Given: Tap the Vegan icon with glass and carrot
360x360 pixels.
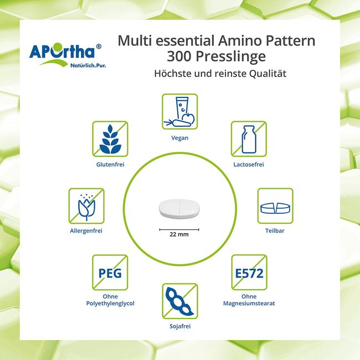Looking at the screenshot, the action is point(180,111).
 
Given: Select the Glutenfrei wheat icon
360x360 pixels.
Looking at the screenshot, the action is point(110,139).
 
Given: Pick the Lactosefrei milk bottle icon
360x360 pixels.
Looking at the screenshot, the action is point(249,139).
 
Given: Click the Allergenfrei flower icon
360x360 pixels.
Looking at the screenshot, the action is point(86,206).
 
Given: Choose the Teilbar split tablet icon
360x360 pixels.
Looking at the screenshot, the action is point(275,206).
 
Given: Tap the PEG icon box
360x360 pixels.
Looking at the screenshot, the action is point(110,272).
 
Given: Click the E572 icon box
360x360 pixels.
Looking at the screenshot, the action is point(249,272).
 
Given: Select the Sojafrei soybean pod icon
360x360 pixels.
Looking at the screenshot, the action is point(180,301).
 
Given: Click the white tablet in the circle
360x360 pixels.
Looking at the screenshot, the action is point(179,208).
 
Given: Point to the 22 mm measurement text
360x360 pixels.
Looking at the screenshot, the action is point(179,234).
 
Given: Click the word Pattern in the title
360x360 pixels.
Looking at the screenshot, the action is point(290,41).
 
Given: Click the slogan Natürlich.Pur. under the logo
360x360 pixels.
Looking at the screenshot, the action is point(88,65).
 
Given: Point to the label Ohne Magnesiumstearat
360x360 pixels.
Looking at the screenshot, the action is point(249,300).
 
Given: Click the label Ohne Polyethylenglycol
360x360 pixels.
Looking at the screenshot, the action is point(110,300).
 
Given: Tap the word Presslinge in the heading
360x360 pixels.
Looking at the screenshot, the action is point(230,56).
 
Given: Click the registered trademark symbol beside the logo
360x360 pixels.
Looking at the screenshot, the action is point(99,47).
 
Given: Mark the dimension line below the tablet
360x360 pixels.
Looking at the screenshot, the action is point(179,229).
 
